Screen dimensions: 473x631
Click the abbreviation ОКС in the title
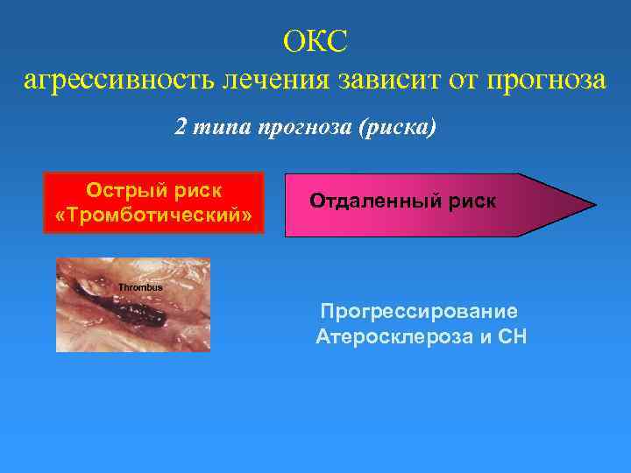315,40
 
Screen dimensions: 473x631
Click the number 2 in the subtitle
180,127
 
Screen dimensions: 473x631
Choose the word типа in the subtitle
218,127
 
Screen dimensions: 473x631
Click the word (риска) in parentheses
398,127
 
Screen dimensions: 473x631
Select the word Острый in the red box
124,191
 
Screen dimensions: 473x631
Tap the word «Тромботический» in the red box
154,215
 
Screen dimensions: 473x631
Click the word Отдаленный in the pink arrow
379,201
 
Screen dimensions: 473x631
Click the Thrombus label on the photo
140,287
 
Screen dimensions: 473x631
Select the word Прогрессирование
419,311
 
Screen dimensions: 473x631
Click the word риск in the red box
198,191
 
